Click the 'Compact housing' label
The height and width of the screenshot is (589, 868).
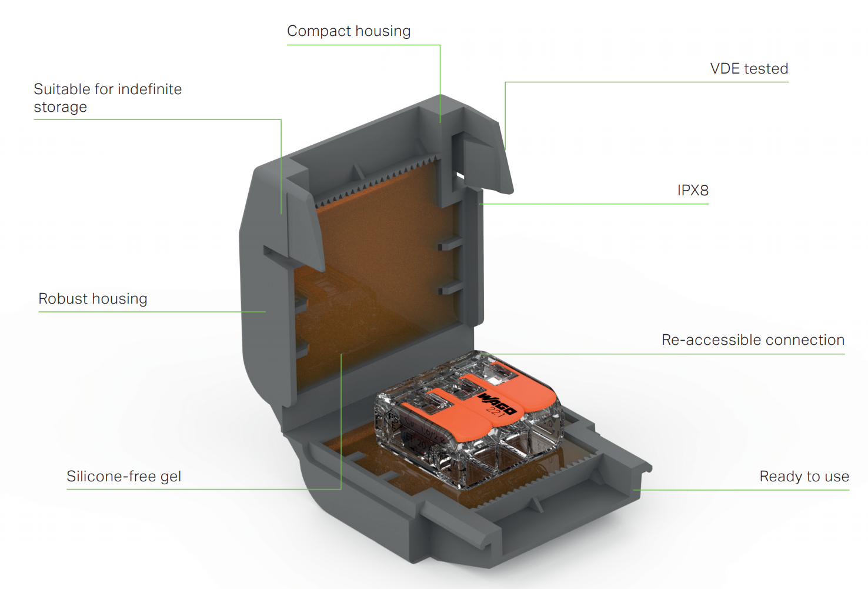pyautogui.click(x=349, y=31)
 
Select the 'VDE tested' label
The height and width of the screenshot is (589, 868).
pyautogui.click(x=749, y=69)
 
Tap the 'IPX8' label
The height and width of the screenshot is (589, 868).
pyautogui.click(x=693, y=191)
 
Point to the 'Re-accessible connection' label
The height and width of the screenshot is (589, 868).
pyautogui.click(x=753, y=340)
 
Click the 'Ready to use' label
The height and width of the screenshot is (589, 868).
pyautogui.click(x=804, y=477)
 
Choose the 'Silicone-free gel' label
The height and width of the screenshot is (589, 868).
pyautogui.click(x=123, y=477)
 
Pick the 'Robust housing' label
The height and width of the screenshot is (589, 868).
pyautogui.click(x=93, y=299)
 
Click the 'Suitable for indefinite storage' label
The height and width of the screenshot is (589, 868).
pyautogui.click(x=108, y=98)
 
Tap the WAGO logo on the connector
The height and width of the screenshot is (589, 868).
pyautogui.click(x=497, y=403)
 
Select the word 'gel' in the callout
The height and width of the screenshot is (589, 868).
pyautogui.click(x=171, y=477)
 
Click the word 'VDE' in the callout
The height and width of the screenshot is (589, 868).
pyautogui.click(x=725, y=69)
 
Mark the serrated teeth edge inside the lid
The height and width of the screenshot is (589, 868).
pyautogui.click(x=376, y=179)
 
